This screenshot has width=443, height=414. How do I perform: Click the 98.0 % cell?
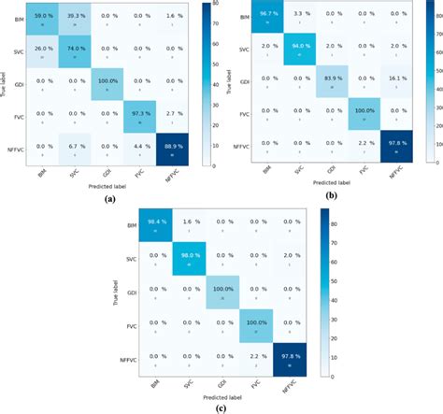190,259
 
